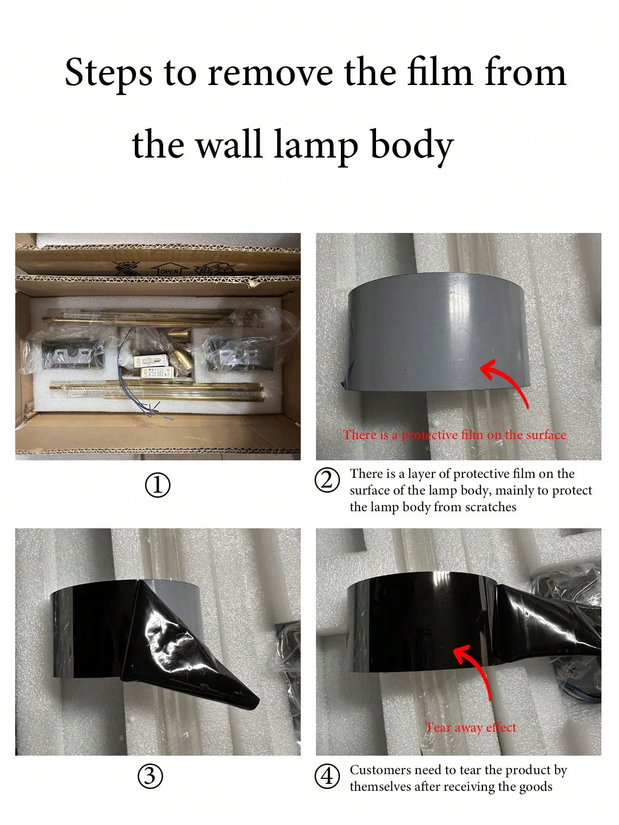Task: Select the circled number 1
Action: [x=158, y=485]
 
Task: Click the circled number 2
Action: [x=327, y=480]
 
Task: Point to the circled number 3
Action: [x=150, y=776]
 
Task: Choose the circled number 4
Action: [x=327, y=776]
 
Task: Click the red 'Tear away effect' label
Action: [x=471, y=727]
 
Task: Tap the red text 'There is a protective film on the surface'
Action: [x=455, y=435]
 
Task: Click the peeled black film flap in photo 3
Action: [x=180, y=647]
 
